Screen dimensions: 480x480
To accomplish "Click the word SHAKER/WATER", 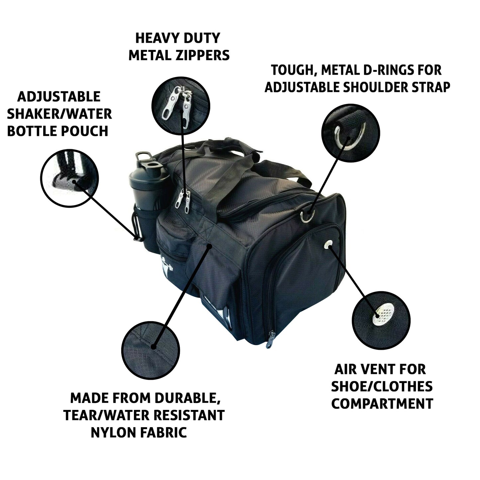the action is click(59, 114).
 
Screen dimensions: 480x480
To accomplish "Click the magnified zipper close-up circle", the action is click(181, 106).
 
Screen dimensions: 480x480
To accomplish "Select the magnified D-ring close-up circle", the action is click(350, 133).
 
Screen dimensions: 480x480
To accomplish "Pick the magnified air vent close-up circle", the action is click(381, 320).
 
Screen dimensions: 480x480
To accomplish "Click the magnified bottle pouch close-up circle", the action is click(69, 178).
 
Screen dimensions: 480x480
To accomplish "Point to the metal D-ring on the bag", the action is click(307, 216).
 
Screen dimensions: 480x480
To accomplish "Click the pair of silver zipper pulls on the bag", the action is click(183, 201).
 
